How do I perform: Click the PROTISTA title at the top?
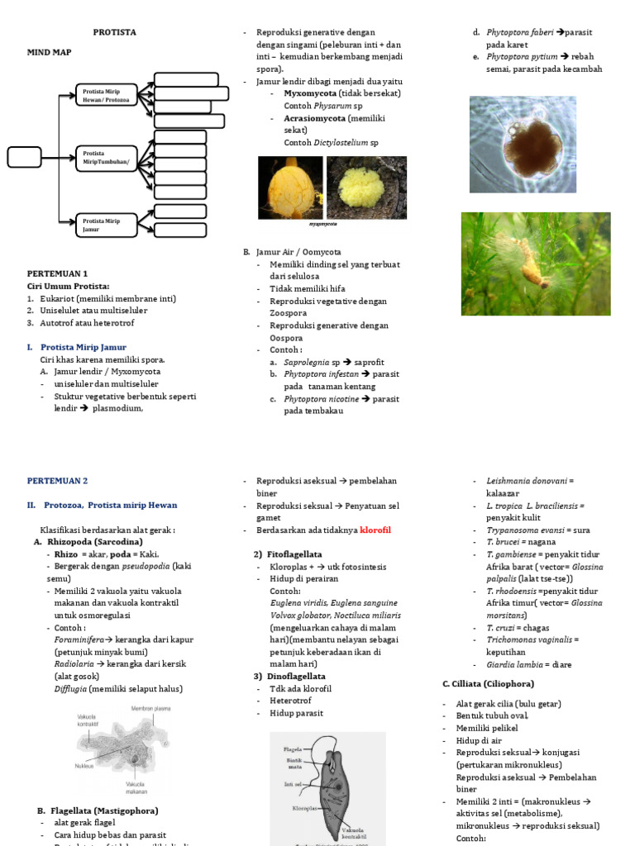point(115,32)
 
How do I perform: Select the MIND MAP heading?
point(50,52)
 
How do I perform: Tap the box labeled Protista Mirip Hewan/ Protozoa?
point(107,95)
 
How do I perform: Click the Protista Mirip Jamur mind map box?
point(107,225)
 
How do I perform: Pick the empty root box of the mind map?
point(25,156)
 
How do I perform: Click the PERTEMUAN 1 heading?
point(57,273)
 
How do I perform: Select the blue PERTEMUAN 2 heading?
point(57,480)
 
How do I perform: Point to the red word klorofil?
point(375,530)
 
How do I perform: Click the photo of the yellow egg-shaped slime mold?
point(290,188)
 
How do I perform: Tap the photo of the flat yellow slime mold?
point(366,188)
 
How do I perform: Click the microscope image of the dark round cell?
point(523,145)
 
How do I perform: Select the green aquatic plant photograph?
point(535,264)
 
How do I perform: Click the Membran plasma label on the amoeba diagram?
point(150,709)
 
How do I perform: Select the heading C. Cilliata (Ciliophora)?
point(488,684)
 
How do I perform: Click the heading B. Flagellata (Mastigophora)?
point(98,810)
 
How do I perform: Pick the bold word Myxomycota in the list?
point(311,94)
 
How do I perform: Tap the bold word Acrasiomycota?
point(315,118)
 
